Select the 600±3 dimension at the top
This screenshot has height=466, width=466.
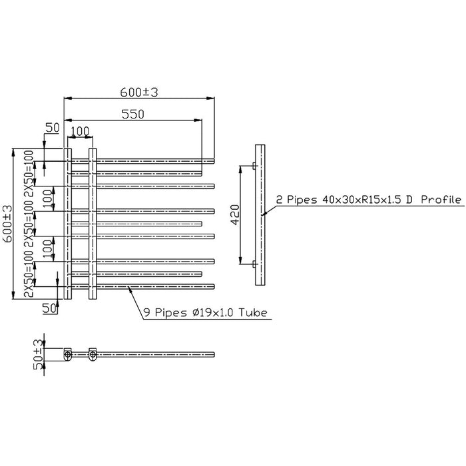pyautogui.click(x=139, y=93)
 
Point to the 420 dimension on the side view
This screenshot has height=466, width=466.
pyautogui.click(x=234, y=215)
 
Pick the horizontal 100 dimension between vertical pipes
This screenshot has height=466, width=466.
pyautogui.click(x=81, y=132)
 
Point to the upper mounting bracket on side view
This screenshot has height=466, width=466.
pyautogui.click(x=254, y=165)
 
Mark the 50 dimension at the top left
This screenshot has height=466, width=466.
pyautogui.click(x=53, y=127)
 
